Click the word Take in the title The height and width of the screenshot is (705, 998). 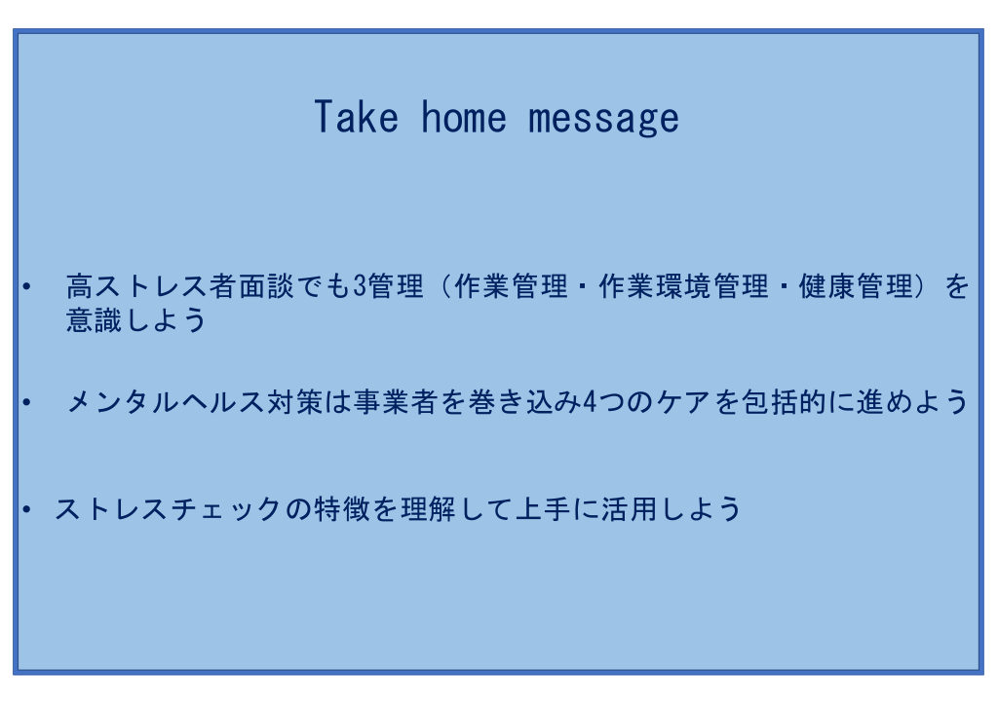click(x=357, y=117)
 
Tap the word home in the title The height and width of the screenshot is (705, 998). click(x=463, y=117)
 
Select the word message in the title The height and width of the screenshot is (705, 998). click(x=603, y=119)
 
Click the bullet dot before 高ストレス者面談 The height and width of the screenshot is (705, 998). click(x=26, y=286)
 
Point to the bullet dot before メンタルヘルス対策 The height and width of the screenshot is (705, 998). click(x=26, y=402)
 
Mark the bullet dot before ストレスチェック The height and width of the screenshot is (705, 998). click(x=26, y=509)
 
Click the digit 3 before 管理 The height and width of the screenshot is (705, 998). click(x=361, y=286)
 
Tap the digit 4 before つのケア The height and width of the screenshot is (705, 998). click(x=590, y=402)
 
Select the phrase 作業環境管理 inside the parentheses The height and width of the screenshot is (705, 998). click(x=683, y=286)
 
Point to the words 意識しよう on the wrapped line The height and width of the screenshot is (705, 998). click(x=136, y=319)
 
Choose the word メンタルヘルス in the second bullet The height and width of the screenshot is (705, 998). click(x=166, y=402)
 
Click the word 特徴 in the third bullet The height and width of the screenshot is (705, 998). click(x=342, y=509)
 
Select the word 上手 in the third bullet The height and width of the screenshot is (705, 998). click(x=543, y=509)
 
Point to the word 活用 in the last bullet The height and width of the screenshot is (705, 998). click(x=629, y=509)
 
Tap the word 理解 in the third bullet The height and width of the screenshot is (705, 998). click(x=429, y=509)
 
